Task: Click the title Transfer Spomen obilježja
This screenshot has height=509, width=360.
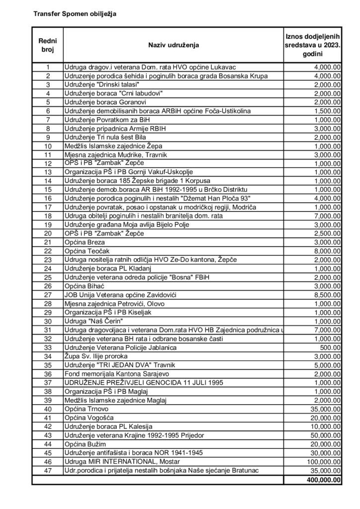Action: click(x=75, y=14)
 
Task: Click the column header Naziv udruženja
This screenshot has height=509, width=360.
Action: click(x=173, y=45)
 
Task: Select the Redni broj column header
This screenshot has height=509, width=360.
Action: click(x=48, y=45)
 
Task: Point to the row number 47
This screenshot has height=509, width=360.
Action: click(x=48, y=470)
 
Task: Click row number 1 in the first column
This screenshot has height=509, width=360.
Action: click(x=48, y=67)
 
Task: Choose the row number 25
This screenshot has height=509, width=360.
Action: click(x=48, y=277)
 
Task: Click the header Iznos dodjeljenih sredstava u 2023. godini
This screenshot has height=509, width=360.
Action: click(x=312, y=45)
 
